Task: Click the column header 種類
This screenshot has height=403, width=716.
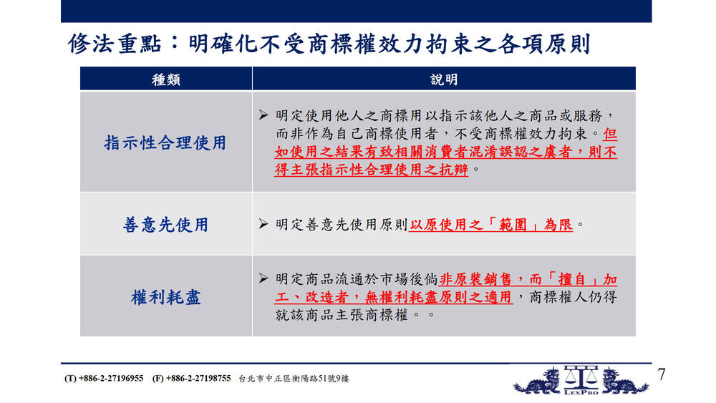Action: tap(166, 80)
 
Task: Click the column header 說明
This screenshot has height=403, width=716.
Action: tap(443, 80)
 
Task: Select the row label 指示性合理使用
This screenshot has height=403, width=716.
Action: tap(165, 143)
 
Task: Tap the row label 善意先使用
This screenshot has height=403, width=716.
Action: tap(166, 225)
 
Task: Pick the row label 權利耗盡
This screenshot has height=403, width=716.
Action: tap(166, 297)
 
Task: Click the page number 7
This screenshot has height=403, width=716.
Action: tap(662, 374)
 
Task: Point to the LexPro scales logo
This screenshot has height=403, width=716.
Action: tap(581, 379)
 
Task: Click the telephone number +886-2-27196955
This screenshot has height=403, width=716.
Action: tap(111, 379)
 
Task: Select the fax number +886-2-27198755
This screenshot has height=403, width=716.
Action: tap(198, 379)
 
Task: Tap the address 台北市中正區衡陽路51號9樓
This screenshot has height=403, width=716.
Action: tap(294, 379)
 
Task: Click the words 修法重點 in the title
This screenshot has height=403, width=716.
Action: tap(115, 44)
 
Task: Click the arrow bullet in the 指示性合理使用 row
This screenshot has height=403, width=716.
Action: tap(263, 115)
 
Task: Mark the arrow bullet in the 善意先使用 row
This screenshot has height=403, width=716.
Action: tap(263, 223)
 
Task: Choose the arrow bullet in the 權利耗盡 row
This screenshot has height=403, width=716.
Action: tap(263, 278)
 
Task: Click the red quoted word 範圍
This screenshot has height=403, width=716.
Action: tap(513, 225)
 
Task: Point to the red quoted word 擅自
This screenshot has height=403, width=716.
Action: tap(572, 279)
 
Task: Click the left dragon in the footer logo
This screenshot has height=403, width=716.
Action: tap(538, 382)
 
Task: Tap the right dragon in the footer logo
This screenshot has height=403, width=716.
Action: tap(624, 382)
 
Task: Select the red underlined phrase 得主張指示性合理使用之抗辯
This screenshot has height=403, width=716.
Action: tap(371, 170)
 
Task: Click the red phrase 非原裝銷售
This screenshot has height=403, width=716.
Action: tap(475, 279)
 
